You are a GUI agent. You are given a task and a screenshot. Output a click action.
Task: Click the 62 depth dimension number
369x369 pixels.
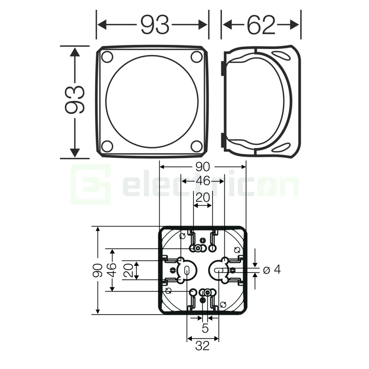(261, 25)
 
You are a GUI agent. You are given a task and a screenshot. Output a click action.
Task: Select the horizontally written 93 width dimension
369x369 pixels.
(155, 25)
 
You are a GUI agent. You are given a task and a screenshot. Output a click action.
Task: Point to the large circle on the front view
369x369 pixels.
(152, 102)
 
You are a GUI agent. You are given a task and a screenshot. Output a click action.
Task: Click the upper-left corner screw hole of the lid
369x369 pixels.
(107, 57)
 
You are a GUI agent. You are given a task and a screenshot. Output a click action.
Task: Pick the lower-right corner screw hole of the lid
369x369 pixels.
(197, 146)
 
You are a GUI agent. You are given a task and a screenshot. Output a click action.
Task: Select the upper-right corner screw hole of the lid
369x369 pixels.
(197, 57)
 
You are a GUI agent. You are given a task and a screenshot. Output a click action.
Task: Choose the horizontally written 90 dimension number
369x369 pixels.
(202, 167)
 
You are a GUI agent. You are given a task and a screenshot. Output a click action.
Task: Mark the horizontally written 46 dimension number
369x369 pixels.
(202, 181)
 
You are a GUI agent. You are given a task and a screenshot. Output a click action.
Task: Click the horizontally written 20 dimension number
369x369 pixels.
(202, 198)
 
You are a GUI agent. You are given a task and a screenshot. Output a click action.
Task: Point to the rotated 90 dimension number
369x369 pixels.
(98, 270)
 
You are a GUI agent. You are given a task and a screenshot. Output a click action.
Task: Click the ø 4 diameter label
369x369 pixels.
(271, 270)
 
